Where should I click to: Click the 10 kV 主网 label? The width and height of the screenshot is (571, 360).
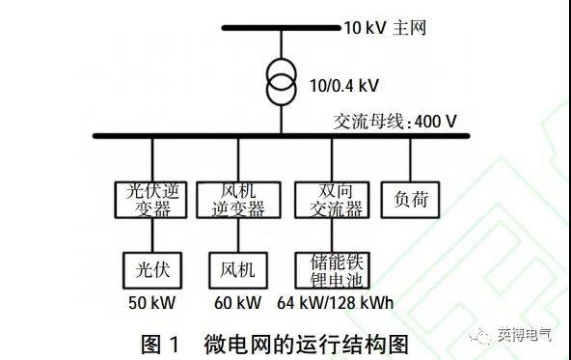point(379,27)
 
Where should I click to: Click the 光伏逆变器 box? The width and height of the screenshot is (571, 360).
point(152,199)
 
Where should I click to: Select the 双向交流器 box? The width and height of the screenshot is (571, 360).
point(331,199)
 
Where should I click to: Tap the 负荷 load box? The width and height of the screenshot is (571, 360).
point(411,199)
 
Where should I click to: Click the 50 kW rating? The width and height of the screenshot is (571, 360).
point(152,303)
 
